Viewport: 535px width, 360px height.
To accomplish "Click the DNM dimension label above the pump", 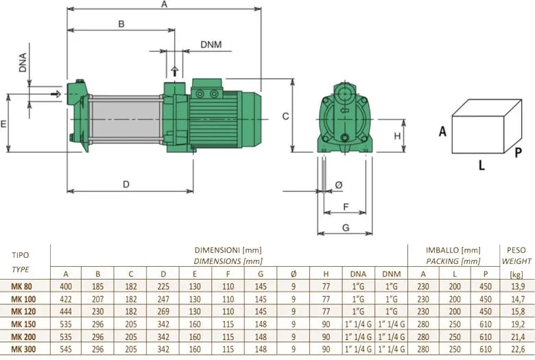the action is [x=211, y=45].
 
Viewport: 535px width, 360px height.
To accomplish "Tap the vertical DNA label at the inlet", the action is [x=23, y=63].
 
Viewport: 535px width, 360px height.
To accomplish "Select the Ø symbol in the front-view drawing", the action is [x=338, y=185].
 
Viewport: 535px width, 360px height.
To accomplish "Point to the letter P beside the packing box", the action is [x=519, y=152].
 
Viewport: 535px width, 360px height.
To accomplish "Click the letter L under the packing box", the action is [x=481, y=165].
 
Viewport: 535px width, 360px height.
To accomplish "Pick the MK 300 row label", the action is [x=23, y=350].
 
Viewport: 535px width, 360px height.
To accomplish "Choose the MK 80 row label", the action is [x=21, y=287].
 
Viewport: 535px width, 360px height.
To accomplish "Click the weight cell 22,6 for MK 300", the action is [x=518, y=350].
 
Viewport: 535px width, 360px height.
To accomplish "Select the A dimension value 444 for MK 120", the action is [x=66, y=311].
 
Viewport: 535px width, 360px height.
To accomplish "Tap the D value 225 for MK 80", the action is [x=163, y=287].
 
